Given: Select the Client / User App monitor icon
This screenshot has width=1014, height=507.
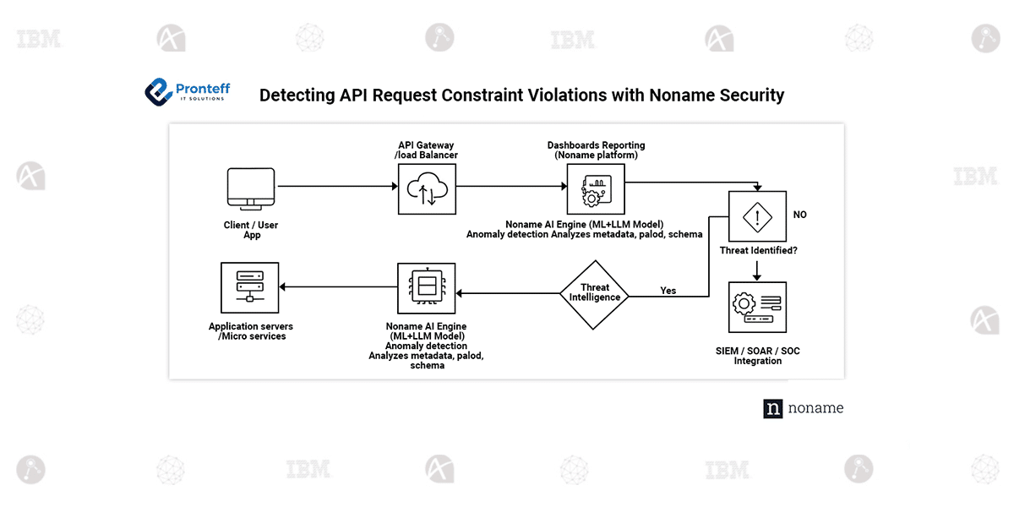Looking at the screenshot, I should click(251, 189).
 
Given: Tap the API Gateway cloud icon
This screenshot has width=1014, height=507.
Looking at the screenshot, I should click(427, 189).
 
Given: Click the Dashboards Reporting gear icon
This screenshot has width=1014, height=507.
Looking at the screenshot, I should click(595, 189).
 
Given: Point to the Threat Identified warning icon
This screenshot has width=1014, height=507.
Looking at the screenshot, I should click(757, 217).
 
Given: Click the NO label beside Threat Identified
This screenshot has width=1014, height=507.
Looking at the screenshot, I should click(799, 215).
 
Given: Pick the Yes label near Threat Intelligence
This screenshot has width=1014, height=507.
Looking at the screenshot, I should click(668, 291).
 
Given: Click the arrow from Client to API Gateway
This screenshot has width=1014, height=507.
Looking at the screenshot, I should click(336, 186).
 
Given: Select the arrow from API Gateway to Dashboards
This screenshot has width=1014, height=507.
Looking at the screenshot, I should click(510, 186).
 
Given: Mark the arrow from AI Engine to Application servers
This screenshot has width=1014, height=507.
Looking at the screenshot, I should click(338, 287).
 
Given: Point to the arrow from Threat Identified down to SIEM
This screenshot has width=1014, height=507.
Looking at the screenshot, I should click(757, 270).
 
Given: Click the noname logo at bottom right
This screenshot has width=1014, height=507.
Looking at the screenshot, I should click(803, 408).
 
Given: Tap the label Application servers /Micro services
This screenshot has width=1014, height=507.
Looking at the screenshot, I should click(251, 331).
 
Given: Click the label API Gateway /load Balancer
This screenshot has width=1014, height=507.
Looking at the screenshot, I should click(427, 150).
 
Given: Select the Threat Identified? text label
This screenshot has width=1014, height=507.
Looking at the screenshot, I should click(757, 251).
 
